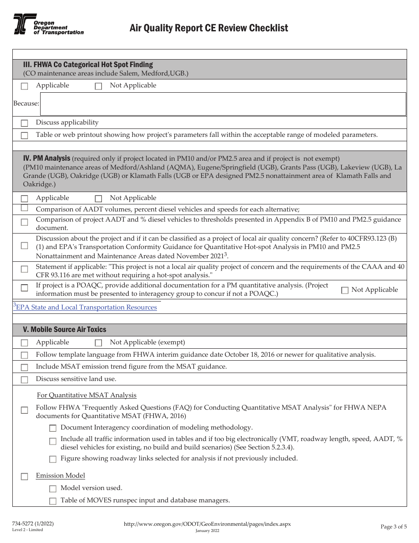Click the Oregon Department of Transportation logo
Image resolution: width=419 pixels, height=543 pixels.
[x=48, y=25]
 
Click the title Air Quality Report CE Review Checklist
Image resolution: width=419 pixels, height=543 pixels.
[x=209, y=28]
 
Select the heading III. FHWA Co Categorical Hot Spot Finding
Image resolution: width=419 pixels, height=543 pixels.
[x=88, y=64]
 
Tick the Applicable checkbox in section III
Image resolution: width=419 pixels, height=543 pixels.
[x=25, y=87]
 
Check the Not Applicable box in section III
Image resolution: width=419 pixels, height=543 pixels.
[x=98, y=87]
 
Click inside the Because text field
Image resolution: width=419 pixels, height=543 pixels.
[x=223, y=104]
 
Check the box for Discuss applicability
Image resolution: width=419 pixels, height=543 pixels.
[x=25, y=123]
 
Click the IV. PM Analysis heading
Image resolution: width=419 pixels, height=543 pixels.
[x=46, y=158]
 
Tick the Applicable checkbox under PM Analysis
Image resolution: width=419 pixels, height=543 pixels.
[x=25, y=199]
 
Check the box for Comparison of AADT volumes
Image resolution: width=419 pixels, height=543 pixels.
[x=25, y=208]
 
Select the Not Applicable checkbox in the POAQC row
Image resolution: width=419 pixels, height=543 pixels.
[x=345, y=290]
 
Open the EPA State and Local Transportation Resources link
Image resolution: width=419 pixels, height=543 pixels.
[x=86, y=307]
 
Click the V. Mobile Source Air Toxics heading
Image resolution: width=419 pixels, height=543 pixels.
[x=64, y=329]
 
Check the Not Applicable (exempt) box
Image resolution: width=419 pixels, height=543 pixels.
[x=98, y=343]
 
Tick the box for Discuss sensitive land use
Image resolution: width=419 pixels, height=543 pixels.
[x=25, y=380]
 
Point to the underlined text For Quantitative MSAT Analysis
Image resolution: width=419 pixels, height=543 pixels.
[x=86, y=395]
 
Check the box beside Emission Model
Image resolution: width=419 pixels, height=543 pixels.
[x=25, y=476]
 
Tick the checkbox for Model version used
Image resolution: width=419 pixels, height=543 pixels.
[x=53, y=489]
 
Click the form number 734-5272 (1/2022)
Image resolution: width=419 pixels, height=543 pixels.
[x=33, y=524]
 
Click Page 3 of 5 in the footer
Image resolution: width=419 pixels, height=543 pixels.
[x=393, y=526]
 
